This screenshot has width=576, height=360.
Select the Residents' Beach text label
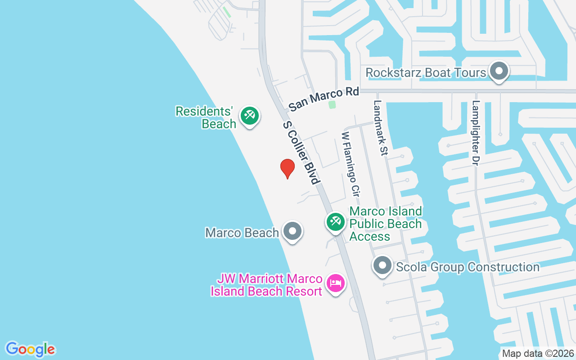click(x=206, y=117)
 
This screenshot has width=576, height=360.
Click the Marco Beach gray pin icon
click(x=292, y=231)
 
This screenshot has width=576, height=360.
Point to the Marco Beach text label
click(x=242, y=233)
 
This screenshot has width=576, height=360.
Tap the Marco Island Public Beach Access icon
click(x=335, y=222)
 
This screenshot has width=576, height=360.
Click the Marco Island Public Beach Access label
click(x=386, y=224)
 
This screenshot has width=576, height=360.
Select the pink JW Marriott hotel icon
click(x=336, y=283)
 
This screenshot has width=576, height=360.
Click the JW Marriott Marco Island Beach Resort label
click(x=267, y=285)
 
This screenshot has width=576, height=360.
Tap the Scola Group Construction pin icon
click(x=382, y=265)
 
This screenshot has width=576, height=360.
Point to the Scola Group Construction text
click(x=468, y=267)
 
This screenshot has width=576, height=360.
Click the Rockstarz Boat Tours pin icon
click(x=499, y=72)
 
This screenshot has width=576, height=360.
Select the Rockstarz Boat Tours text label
click(x=426, y=72)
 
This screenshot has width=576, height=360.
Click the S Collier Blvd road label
click(x=301, y=152)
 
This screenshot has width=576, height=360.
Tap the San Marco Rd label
click(x=324, y=99)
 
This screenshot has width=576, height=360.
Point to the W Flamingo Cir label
click(x=351, y=164)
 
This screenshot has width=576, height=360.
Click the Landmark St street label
click(x=380, y=128)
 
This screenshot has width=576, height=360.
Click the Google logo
click(x=31, y=349)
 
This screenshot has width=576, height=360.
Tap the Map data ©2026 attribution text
click(x=538, y=354)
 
